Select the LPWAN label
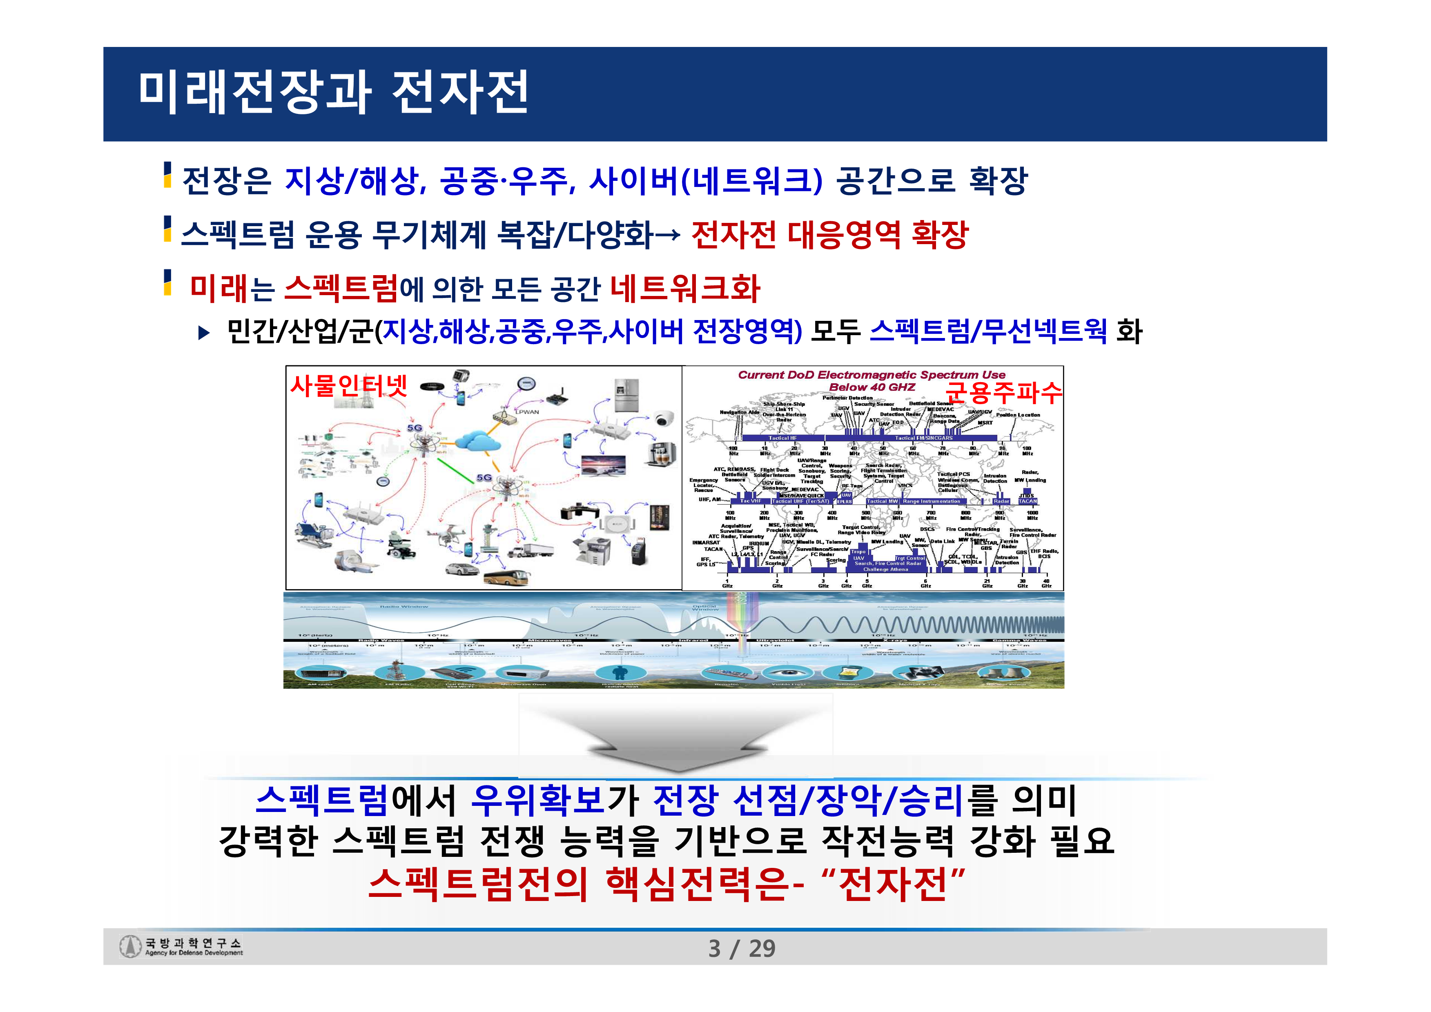(x=527, y=412)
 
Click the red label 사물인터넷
(x=348, y=386)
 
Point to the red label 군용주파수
(x=1003, y=393)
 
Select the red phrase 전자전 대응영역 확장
(x=829, y=234)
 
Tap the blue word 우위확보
(x=537, y=800)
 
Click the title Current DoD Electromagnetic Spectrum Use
(x=872, y=374)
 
